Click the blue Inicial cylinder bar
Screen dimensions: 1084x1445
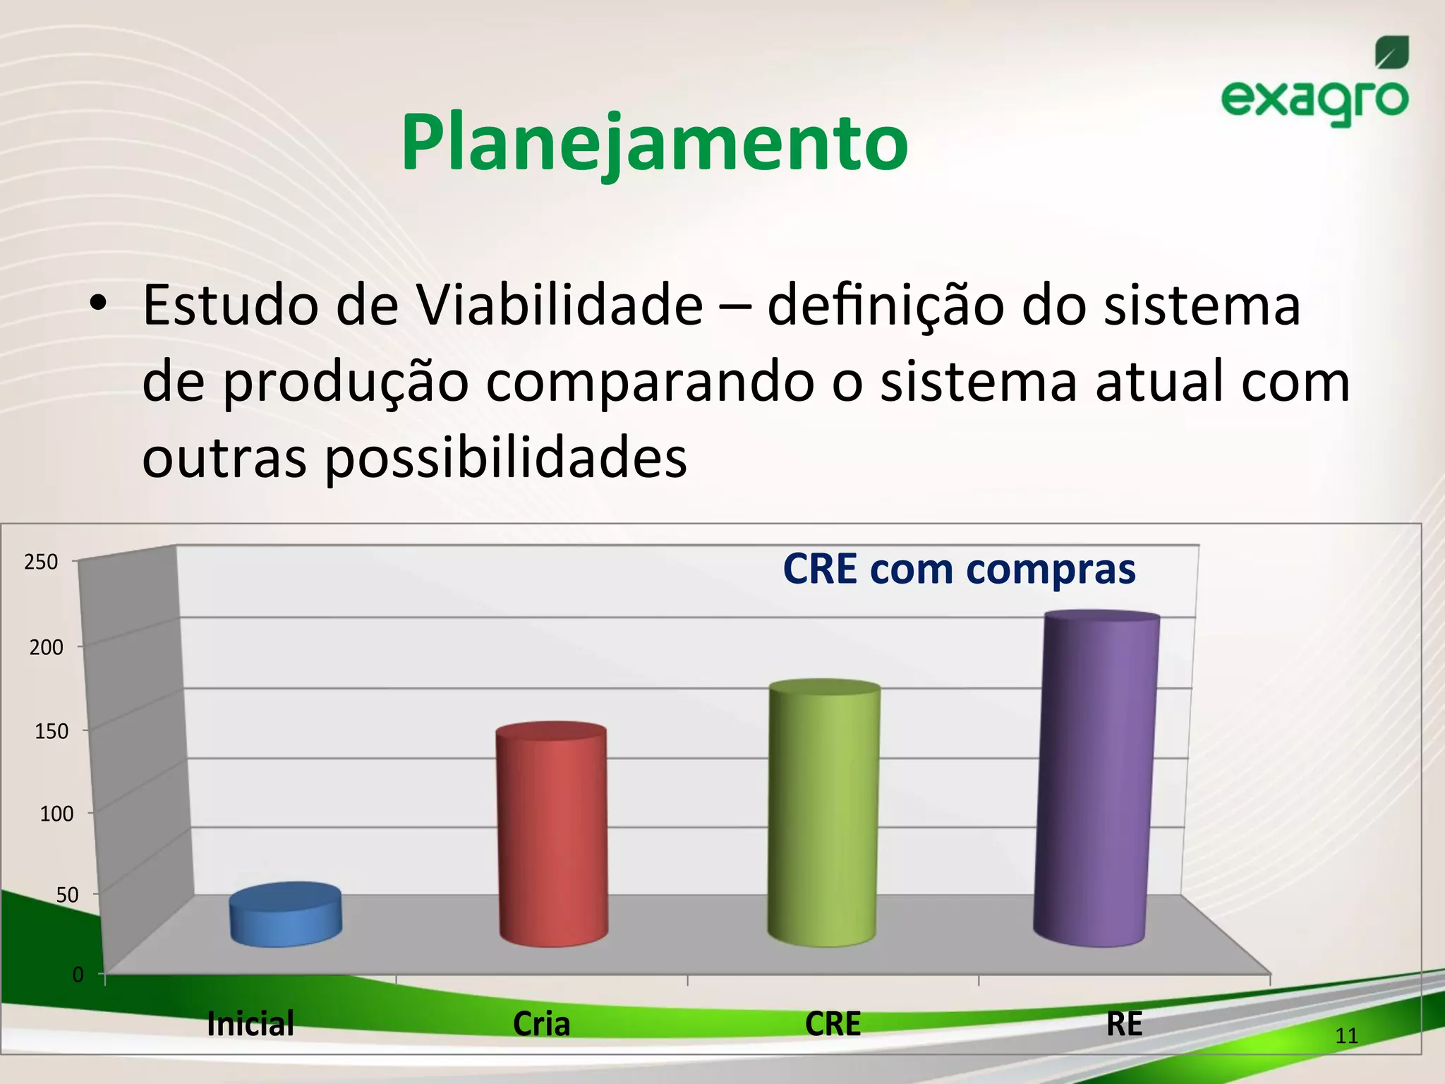click(x=286, y=915)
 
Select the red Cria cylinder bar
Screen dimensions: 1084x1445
click(x=552, y=836)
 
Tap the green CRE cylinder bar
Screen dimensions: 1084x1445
click(x=823, y=815)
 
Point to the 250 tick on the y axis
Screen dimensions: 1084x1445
click(x=41, y=562)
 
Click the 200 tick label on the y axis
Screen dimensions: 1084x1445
click(x=46, y=647)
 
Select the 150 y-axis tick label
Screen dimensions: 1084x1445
click(x=52, y=731)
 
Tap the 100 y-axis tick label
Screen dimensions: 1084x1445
click(x=56, y=814)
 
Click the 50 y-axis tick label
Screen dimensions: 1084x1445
click(x=67, y=896)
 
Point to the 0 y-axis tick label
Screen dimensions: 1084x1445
click(x=78, y=975)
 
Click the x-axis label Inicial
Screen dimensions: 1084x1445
click(x=250, y=1024)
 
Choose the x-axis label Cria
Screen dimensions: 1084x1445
click(x=541, y=1024)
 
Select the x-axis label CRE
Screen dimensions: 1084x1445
click(x=833, y=1024)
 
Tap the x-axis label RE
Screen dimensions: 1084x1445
click(x=1124, y=1024)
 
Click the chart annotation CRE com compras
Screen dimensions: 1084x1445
click(x=959, y=569)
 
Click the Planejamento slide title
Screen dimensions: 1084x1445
click(x=654, y=143)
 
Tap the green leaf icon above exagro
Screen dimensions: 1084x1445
click(x=1391, y=53)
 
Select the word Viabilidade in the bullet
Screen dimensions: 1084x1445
click(x=559, y=306)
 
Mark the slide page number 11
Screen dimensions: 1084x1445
click(x=1346, y=1036)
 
